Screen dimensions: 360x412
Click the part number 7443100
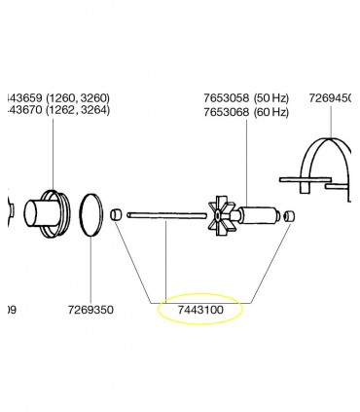(x=200, y=310)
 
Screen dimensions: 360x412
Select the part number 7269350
(x=90, y=310)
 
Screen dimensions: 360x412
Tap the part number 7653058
(x=227, y=97)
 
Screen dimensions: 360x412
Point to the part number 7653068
(x=227, y=112)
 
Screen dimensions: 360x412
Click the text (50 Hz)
(x=271, y=97)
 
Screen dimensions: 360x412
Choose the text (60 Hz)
(x=271, y=112)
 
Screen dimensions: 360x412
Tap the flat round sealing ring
(x=91, y=215)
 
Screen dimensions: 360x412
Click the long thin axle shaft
(x=166, y=215)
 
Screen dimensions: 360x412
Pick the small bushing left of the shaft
(x=116, y=214)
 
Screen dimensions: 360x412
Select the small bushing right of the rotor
(x=288, y=216)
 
